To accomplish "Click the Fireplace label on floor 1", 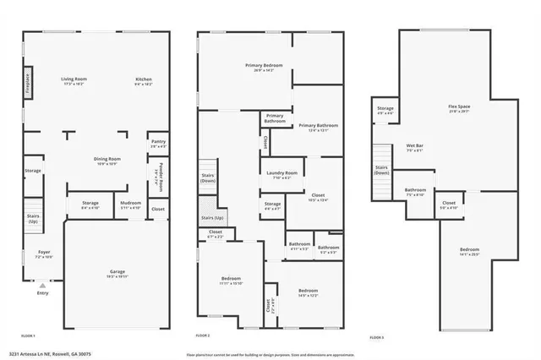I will [x=28, y=85].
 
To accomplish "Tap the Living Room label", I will [x=74, y=81].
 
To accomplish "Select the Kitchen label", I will [x=144, y=81].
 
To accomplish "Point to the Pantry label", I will [x=158, y=143].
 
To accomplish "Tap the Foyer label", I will [x=44, y=254].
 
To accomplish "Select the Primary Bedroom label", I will [x=264, y=67].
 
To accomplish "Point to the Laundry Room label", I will [x=282, y=174].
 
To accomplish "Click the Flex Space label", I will [x=459, y=107].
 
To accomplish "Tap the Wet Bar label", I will [x=415, y=147].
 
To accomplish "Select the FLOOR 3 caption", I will [x=376, y=337].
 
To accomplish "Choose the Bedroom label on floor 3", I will [x=469, y=250].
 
